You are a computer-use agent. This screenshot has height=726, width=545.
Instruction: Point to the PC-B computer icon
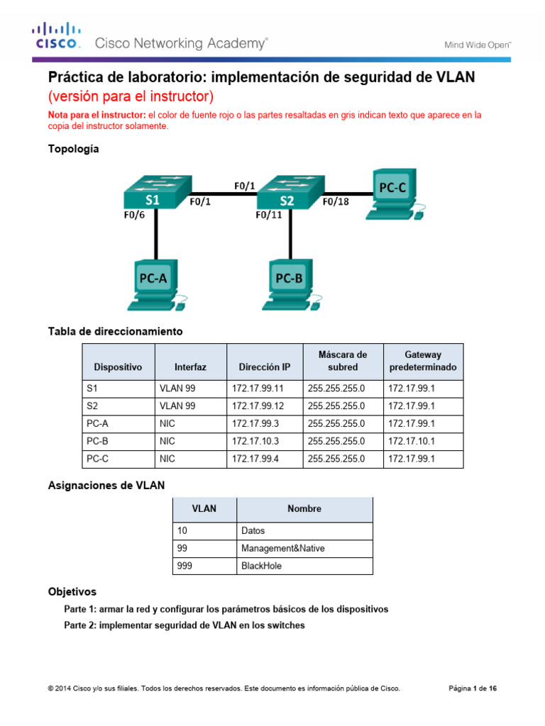[x=290, y=284]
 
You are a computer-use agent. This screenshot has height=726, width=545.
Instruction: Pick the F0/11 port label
[x=269, y=218]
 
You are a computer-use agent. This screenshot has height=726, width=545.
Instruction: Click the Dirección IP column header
[x=264, y=367]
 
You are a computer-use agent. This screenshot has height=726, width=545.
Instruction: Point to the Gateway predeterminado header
[x=423, y=362]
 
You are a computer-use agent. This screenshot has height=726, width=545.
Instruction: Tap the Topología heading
[x=73, y=149]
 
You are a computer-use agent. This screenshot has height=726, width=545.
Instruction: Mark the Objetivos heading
[x=72, y=591]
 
